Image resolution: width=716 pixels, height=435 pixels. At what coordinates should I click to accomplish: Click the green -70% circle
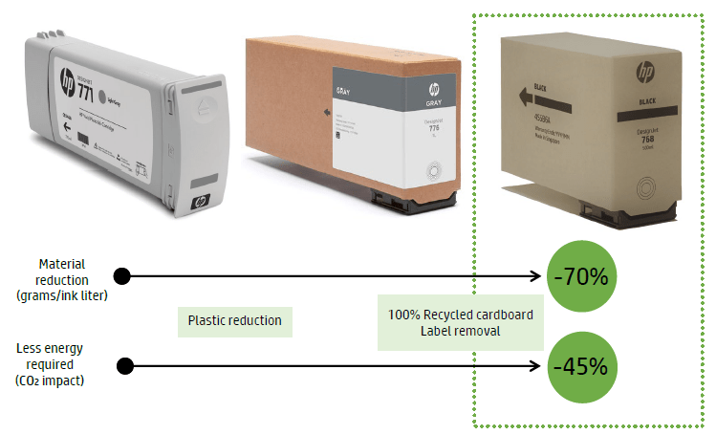click(x=580, y=277)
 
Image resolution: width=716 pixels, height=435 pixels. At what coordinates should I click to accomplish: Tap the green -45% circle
click(x=580, y=366)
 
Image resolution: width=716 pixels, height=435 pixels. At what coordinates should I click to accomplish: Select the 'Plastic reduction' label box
click(x=235, y=320)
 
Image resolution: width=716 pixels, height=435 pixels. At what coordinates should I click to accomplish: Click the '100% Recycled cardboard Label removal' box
click(x=461, y=322)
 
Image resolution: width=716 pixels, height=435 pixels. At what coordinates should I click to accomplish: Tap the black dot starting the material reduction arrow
click(x=121, y=277)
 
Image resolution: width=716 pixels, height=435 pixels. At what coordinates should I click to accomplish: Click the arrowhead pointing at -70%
click(x=537, y=277)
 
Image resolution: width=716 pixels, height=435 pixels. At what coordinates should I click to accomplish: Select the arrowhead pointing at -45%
click(x=537, y=366)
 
